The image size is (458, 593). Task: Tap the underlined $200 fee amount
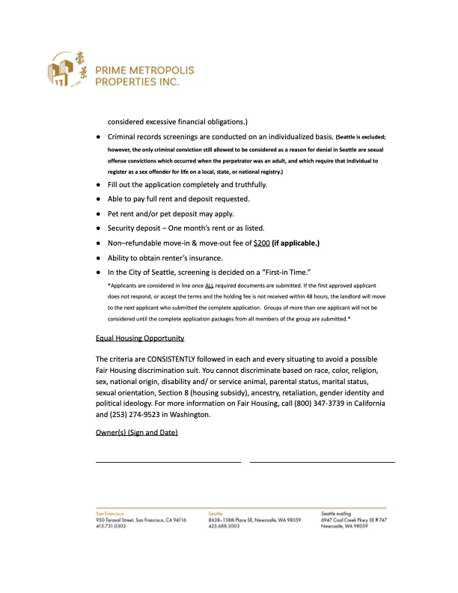click(x=262, y=243)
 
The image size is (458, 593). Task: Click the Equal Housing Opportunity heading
click(x=140, y=338)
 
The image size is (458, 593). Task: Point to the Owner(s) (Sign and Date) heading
click(x=137, y=434)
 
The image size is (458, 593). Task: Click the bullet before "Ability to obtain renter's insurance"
click(x=99, y=257)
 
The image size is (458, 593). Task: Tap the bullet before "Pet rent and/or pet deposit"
click(x=99, y=213)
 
